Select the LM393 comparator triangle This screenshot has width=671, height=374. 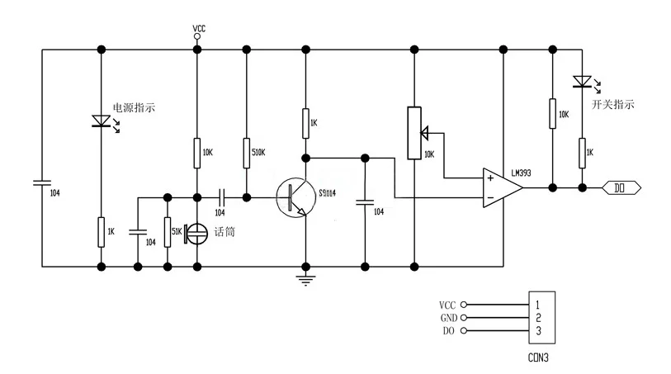point(502,188)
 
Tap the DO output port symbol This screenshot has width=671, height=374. point(621,188)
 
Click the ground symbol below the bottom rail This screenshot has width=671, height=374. point(305,279)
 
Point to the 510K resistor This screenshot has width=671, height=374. point(247,153)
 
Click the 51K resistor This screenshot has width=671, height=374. point(168,232)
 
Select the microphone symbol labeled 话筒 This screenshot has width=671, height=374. point(196,234)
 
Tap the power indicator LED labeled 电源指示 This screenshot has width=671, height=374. point(102,121)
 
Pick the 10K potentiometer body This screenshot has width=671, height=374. point(414,133)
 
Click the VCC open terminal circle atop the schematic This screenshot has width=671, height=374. point(197,36)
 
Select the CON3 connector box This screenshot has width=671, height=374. point(541,318)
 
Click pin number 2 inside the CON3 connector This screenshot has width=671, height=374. point(538,318)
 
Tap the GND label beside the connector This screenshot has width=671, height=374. point(449,318)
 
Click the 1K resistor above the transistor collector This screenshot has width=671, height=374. point(305,123)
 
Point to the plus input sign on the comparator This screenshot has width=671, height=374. point(490,178)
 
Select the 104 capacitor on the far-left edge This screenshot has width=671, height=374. point(42,183)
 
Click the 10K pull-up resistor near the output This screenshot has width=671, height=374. point(552,113)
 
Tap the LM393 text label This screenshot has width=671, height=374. point(522,173)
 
